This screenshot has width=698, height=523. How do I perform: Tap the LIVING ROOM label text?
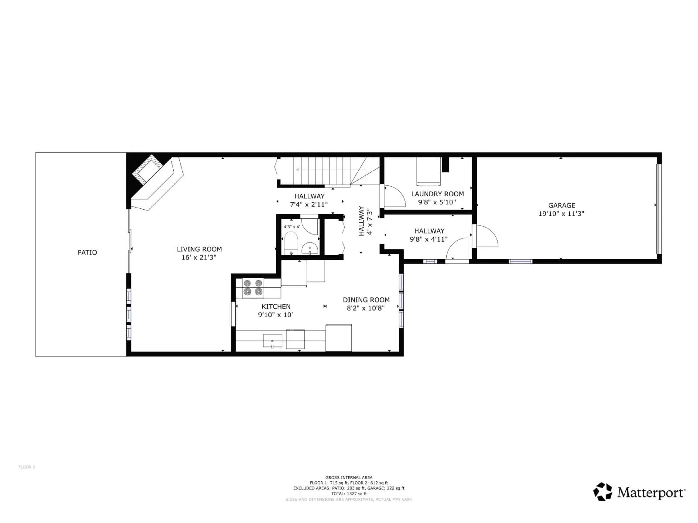point(199,249)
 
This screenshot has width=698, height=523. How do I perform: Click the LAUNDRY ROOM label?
point(437,194)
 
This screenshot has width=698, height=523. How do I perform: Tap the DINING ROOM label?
point(366,300)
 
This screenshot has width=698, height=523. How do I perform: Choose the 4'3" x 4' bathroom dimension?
point(292,227)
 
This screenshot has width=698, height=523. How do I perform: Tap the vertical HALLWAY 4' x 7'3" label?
point(365,221)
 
